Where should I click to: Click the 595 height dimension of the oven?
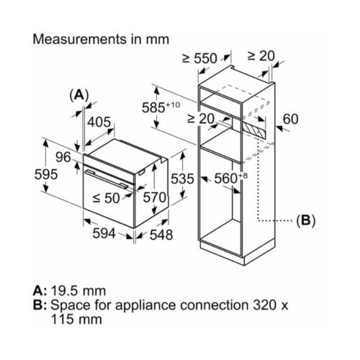(46, 174)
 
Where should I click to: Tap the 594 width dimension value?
(104, 233)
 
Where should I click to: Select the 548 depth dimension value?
(161, 235)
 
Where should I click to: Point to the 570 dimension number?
(155, 198)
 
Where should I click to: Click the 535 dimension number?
(182, 179)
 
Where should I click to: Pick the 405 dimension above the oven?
(99, 122)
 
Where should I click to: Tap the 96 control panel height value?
(63, 157)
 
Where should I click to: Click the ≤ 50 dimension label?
(106, 198)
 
